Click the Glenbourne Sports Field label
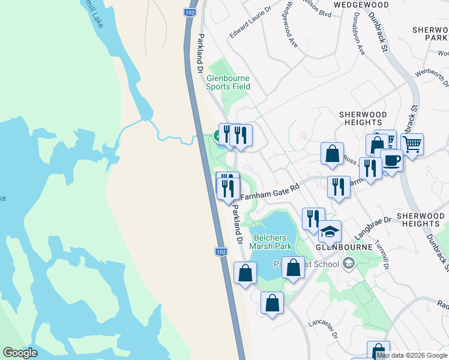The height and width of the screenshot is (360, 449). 228,82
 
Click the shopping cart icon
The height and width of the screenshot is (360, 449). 412,144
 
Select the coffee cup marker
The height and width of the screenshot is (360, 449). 391,161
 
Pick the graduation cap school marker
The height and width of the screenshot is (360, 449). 329,232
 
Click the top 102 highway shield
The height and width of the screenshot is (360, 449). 190,12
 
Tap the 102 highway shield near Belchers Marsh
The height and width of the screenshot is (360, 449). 220,252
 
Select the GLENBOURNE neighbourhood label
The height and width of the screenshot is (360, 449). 339,246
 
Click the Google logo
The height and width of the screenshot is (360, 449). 20,353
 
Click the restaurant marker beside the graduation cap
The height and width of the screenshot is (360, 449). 312,218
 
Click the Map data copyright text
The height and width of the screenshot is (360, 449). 412,355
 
